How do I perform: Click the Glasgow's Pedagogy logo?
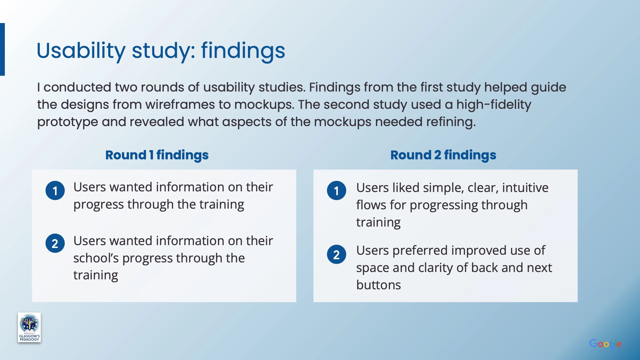pyautogui.click(x=29, y=327)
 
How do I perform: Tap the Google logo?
pyautogui.click(x=605, y=344)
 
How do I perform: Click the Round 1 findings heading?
pyautogui.click(x=157, y=155)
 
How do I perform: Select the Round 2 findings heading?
pyautogui.click(x=443, y=155)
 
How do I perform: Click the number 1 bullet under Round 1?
pyautogui.click(x=55, y=190)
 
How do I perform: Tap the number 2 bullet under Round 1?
pyautogui.click(x=55, y=243)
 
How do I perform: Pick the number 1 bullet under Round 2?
pyautogui.click(x=336, y=190)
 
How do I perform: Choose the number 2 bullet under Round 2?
pyautogui.click(x=336, y=254)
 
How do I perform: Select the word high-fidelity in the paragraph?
pyautogui.click(x=494, y=105)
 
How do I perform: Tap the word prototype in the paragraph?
pyautogui.click(x=68, y=122)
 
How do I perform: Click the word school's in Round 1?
pyautogui.click(x=96, y=258)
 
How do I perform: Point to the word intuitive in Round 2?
pyautogui.click(x=525, y=188)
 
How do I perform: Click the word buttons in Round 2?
pyautogui.click(x=379, y=285)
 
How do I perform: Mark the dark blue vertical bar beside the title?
pyautogui.click(x=2, y=49)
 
